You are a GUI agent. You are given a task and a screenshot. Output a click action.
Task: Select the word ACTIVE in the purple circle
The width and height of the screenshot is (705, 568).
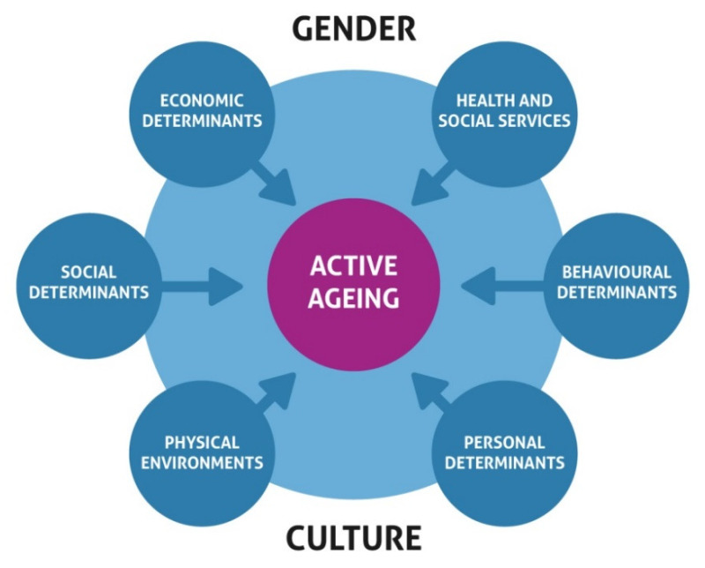(352, 265)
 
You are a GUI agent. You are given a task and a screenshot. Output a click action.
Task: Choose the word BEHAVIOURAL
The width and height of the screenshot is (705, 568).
(615, 272)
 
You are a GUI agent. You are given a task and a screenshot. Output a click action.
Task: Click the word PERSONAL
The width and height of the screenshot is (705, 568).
(505, 442)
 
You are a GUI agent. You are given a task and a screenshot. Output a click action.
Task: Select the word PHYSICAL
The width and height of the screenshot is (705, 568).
(201, 442)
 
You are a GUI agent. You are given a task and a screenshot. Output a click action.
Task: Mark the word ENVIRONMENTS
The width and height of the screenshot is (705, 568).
(201, 462)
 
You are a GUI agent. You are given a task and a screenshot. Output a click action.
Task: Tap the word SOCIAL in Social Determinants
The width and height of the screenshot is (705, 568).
(89, 272)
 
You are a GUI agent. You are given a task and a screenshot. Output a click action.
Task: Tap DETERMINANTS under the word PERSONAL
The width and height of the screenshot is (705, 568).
(505, 462)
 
